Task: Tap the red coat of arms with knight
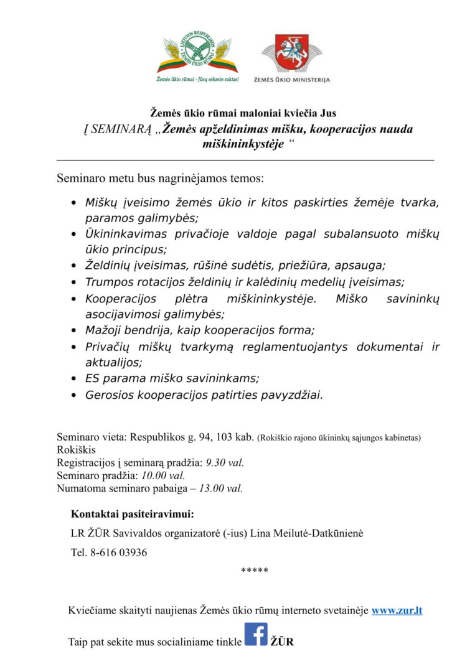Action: (291, 55)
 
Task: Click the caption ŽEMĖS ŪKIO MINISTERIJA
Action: (292, 80)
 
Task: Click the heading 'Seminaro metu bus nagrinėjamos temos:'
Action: (161, 178)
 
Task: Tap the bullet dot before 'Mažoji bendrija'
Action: (73, 330)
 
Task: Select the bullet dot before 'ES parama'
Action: (73, 378)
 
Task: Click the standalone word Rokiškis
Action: (77, 449)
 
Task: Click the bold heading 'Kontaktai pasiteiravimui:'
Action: (132, 515)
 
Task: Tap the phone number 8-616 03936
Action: (118, 553)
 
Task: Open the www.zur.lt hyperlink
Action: (397, 610)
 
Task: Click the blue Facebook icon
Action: (256, 634)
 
